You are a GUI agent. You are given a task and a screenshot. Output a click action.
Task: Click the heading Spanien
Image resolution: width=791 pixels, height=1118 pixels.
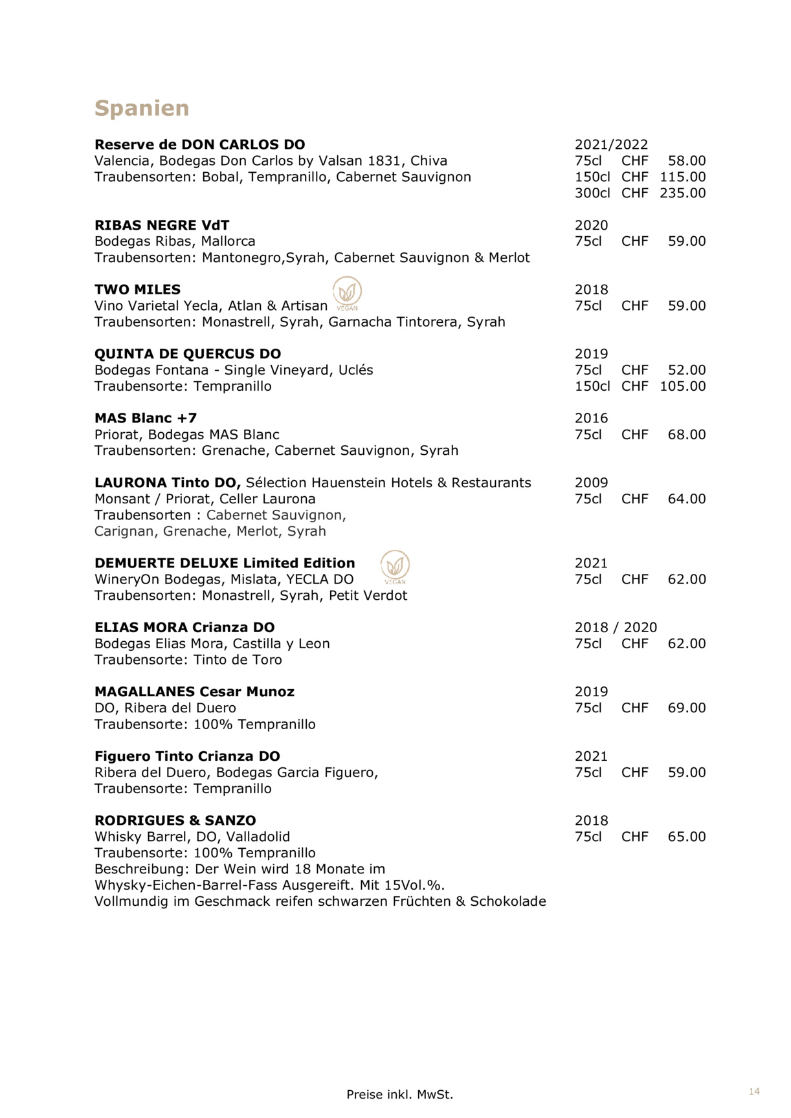coord(142,108)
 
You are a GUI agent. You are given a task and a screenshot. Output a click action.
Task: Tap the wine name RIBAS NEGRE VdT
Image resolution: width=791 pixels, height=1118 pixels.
coord(162,225)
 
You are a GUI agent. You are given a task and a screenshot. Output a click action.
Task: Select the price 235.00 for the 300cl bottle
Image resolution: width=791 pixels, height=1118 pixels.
coord(683,193)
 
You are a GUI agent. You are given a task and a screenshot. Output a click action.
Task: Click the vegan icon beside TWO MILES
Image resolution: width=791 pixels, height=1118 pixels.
coord(347,292)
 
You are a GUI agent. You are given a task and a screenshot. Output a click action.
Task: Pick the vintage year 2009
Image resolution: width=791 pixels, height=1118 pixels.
coord(591,483)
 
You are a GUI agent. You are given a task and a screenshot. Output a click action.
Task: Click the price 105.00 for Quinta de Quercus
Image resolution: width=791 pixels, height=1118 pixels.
coord(683,386)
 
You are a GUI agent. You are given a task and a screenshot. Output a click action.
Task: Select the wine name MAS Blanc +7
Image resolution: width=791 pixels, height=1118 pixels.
coord(146,418)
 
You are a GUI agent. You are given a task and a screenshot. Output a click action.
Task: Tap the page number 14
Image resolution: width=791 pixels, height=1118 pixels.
coord(754,1091)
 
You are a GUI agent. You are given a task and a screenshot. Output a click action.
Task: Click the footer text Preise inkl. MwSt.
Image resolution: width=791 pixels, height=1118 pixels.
coord(399,1095)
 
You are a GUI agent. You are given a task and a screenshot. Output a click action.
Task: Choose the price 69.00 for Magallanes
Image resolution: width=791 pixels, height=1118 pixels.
coord(687,708)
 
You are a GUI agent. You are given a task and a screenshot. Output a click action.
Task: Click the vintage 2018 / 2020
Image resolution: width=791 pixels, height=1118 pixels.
coord(616,628)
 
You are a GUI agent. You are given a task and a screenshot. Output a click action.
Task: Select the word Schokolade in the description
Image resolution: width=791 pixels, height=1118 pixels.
coord(508,901)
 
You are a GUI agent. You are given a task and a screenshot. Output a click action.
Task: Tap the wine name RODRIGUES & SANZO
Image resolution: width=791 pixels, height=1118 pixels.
coord(175,820)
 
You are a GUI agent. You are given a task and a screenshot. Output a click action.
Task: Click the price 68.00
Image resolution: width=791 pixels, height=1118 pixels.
coord(687,435)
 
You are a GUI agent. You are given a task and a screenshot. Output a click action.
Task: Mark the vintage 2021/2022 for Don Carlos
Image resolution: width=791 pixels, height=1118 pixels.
coord(611,145)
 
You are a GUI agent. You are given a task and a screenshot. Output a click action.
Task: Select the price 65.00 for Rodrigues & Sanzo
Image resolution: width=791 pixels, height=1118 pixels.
coord(687,837)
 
